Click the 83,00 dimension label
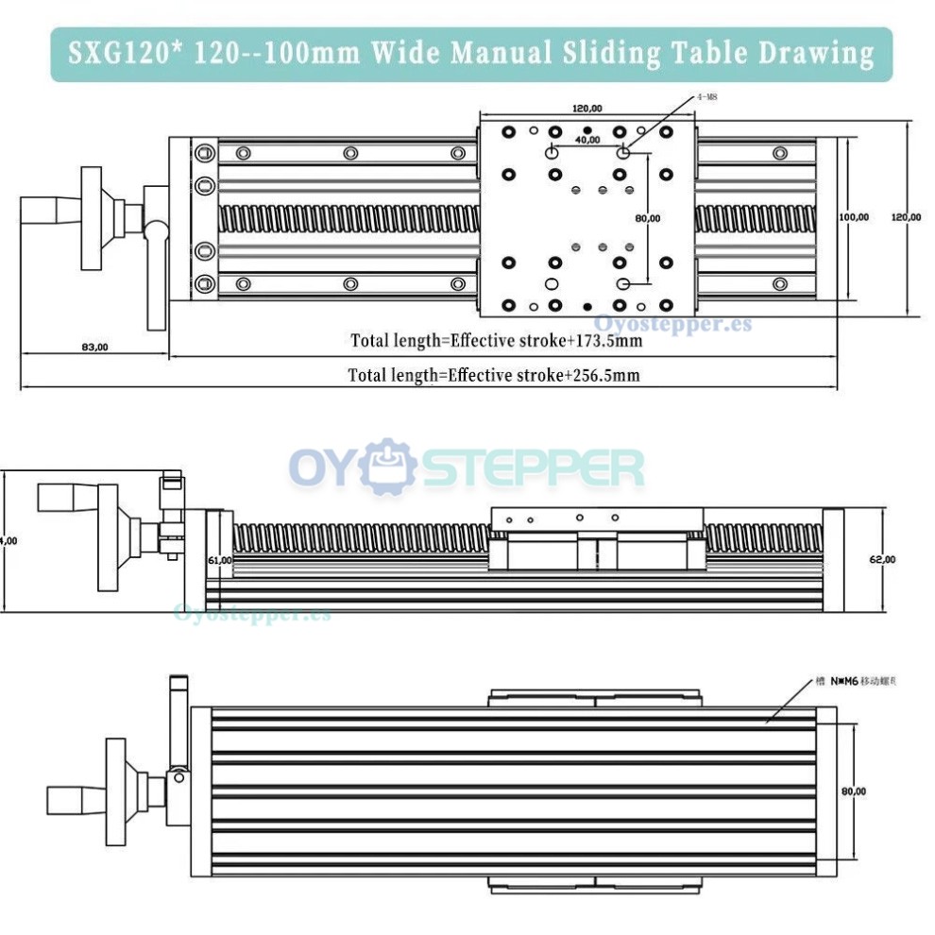(94, 347)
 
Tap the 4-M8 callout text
(706, 97)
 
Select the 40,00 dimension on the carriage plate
(587, 140)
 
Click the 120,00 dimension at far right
(906, 217)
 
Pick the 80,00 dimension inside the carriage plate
(648, 218)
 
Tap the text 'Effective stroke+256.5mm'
(543, 375)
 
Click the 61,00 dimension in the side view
(219, 560)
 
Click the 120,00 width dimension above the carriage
(586, 109)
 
